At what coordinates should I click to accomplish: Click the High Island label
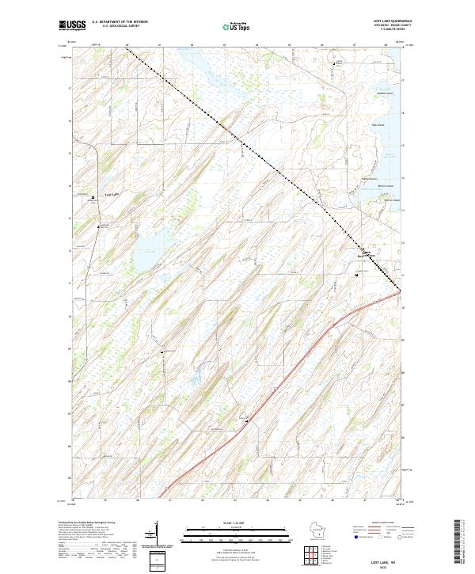(378, 124)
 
